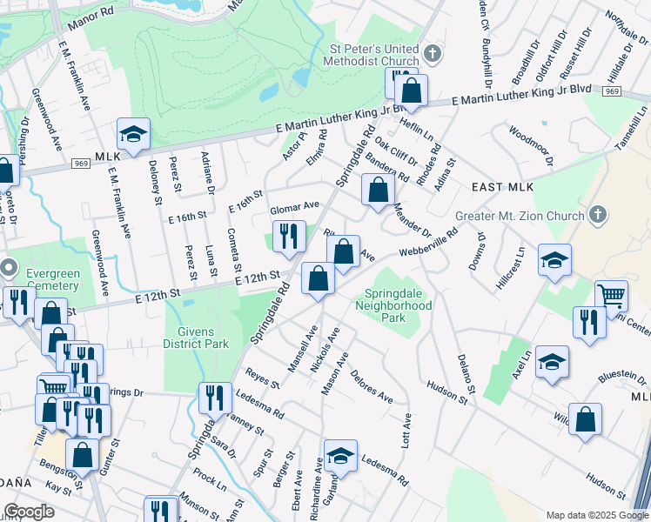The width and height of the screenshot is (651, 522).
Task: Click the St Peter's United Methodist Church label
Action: pyautogui.click(x=371, y=56)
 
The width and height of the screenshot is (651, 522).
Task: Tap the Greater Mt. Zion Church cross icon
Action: pyautogui.click(x=597, y=214)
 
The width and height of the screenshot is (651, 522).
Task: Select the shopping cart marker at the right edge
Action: pyautogui.click(x=612, y=297)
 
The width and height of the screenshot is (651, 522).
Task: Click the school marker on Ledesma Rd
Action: pyautogui.click(x=340, y=456)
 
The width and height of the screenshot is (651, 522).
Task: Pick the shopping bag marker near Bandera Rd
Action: pyautogui.click(x=377, y=191)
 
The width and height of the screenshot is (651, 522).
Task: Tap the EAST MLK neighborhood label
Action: pyautogui.click(x=501, y=187)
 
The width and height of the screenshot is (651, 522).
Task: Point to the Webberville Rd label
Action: pyautogui.click(x=429, y=243)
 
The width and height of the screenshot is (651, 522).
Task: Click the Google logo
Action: pyautogui.click(x=30, y=512)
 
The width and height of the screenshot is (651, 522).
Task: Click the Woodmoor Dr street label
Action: pyautogui.click(x=528, y=145)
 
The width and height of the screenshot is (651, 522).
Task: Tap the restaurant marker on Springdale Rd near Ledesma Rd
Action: pyautogui.click(x=215, y=398)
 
